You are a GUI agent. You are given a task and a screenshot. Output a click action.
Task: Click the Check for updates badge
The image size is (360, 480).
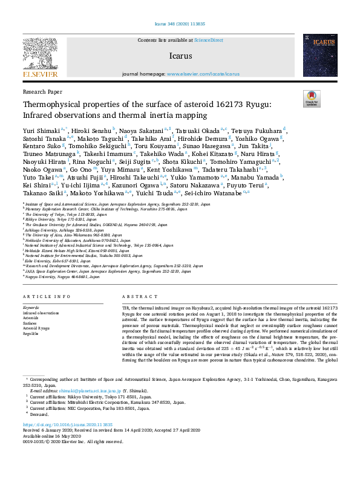coord(311,99)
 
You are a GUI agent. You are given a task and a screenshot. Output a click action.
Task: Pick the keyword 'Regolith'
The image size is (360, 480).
coord(31,332)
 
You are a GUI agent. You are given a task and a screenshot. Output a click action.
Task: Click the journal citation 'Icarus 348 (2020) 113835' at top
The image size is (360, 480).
coord(180,25)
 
